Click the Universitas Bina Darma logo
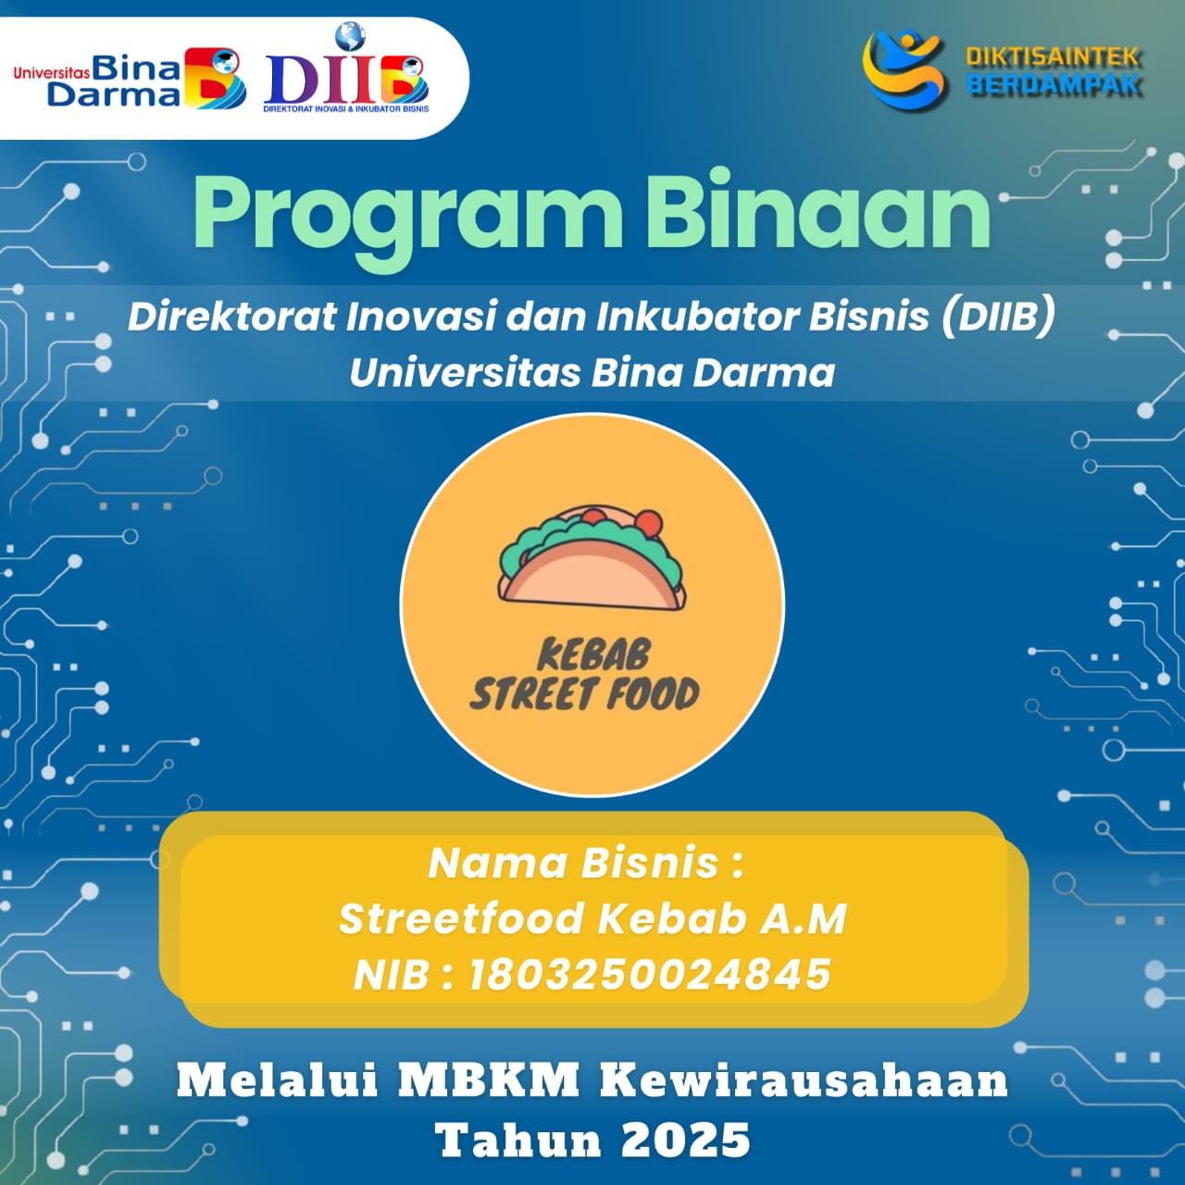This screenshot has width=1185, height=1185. pos(130,78)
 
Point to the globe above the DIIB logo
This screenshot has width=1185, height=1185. pos(350,37)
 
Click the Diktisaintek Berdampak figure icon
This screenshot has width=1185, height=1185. pos(904,69)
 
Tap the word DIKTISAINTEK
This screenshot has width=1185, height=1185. pos(1054,57)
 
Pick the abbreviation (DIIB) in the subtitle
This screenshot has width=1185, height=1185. pos(998,317)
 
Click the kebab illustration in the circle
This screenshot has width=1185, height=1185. pos(592,558)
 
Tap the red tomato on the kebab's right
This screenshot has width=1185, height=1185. pos(649,523)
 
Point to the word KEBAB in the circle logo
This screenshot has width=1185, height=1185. pos(593,655)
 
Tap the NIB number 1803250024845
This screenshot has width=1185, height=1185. pos(651,974)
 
